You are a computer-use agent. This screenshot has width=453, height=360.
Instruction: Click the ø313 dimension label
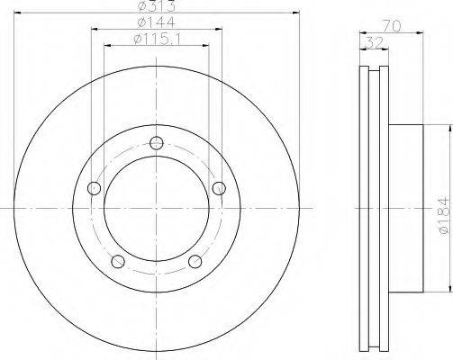pyautogui.click(x=156, y=6)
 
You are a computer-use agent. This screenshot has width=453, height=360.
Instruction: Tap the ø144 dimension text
pyautogui.click(x=156, y=22)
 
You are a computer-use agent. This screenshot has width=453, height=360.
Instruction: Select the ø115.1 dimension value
pyautogui.click(x=157, y=40)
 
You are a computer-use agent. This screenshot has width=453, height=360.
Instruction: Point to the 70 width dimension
pyautogui.click(x=392, y=26)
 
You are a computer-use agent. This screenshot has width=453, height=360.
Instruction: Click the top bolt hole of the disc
pyautogui.click(x=157, y=142)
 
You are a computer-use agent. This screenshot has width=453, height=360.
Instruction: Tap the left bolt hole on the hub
pyautogui.click(x=94, y=188)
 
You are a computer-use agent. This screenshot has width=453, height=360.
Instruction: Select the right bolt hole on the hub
pyautogui.click(x=219, y=188)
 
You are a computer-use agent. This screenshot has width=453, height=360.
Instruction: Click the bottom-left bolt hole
pyautogui.click(x=118, y=261)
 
